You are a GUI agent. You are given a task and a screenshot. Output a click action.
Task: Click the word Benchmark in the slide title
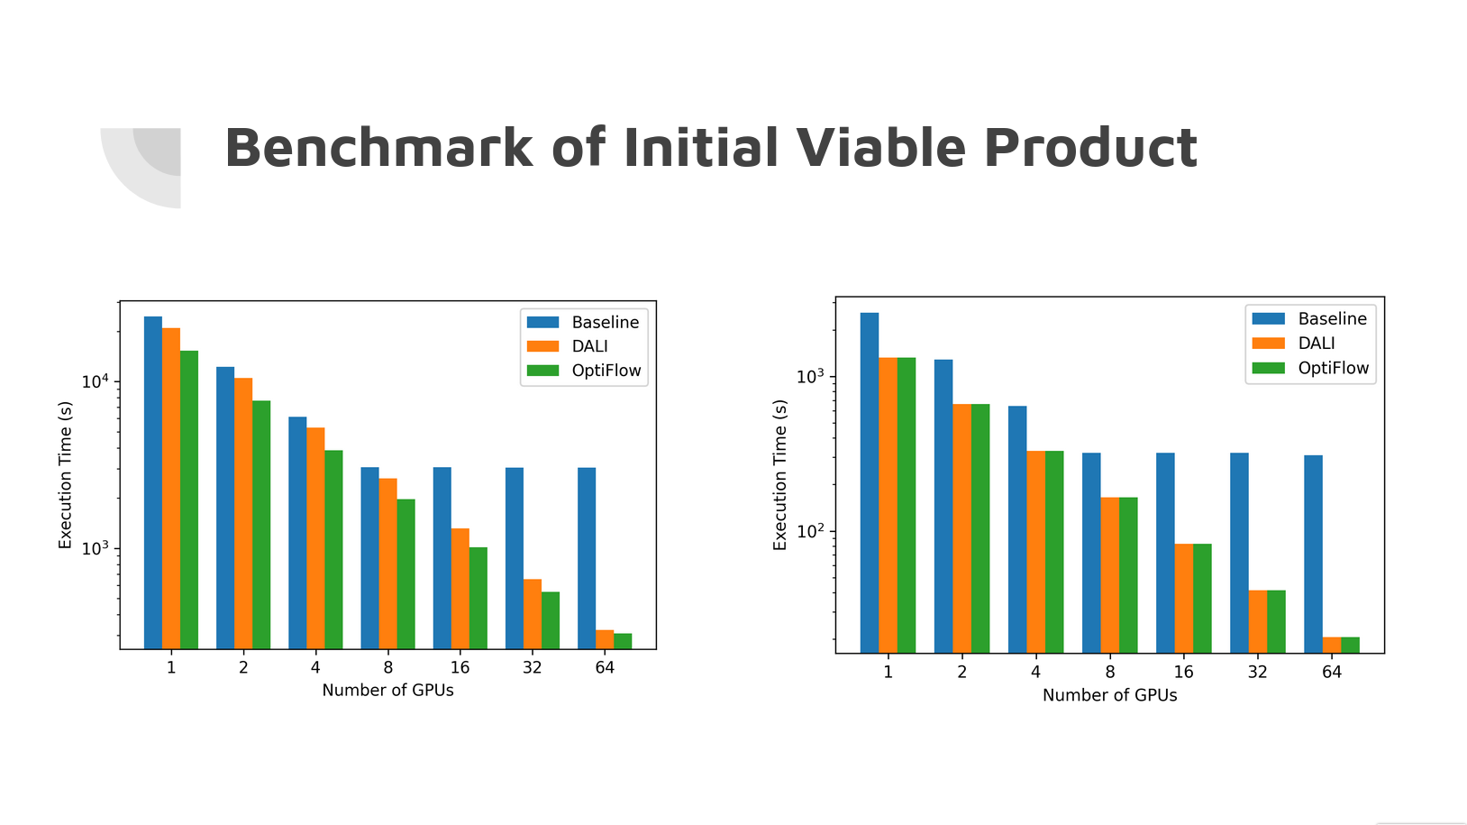pyautogui.click(x=378, y=148)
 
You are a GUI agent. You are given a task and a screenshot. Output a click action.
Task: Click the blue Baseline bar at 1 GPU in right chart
pyautogui.click(x=870, y=482)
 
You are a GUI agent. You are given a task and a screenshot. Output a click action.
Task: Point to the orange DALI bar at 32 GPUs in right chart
pyautogui.click(x=1258, y=621)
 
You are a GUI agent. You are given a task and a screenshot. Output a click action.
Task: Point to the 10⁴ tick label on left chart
pyautogui.click(x=95, y=381)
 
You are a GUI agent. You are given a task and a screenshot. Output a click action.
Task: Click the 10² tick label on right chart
pyautogui.click(x=810, y=531)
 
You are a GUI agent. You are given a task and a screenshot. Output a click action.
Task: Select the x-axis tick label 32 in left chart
pyautogui.click(x=533, y=668)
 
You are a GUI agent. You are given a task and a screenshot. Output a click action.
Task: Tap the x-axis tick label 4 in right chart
pyautogui.click(x=1035, y=672)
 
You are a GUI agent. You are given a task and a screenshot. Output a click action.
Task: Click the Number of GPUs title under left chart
pyautogui.click(x=387, y=691)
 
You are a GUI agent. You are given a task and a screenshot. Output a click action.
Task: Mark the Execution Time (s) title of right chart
pyautogui.click(x=780, y=475)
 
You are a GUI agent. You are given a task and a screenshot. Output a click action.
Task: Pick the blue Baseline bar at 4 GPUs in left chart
pyautogui.click(x=297, y=532)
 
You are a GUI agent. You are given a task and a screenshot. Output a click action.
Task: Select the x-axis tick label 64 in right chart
pyautogui.click(x=1332, y=672)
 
